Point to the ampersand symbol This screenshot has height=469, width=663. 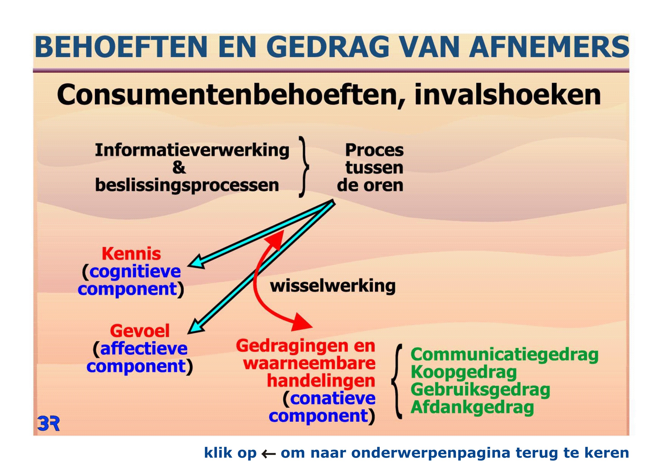point(179,167)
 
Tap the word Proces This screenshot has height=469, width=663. point(374,150)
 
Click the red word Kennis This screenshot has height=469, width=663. point(131,254)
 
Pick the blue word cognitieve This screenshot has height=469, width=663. point(135,272)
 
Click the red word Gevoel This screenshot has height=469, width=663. point(140,331)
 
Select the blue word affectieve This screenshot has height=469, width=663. point(144,349)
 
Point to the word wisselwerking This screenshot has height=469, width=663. point(333,286)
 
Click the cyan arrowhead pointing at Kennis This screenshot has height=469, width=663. point(196,262)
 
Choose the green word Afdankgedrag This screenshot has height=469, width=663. point(472,408)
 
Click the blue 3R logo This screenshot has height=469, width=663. point(49,424)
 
